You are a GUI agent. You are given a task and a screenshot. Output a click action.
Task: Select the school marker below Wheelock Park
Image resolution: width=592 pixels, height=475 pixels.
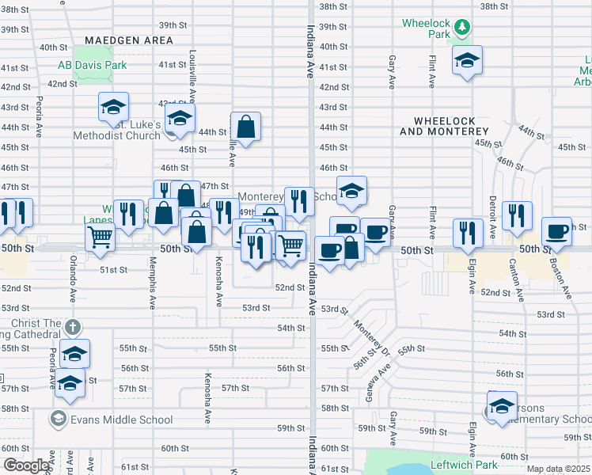coord(467,60)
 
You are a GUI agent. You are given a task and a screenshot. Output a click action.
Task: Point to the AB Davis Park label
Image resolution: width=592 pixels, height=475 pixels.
coord(93,66)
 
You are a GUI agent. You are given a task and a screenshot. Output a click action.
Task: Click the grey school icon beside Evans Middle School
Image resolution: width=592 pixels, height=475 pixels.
coord(59,418)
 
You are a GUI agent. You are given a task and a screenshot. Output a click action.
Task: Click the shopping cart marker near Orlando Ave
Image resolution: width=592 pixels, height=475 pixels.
coord(100,236)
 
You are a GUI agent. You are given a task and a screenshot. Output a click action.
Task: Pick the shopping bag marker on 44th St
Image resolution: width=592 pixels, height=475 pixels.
coord(246,127)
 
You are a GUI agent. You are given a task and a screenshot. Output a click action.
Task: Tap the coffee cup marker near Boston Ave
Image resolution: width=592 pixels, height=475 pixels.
coord(556,230)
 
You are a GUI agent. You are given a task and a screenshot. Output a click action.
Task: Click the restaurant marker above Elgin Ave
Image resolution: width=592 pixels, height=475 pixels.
coord(468,233)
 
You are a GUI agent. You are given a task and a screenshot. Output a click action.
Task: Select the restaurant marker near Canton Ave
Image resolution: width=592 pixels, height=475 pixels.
coord(517,215)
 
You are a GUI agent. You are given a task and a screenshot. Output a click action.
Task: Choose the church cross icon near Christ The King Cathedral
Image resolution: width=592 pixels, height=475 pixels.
coord(72,328)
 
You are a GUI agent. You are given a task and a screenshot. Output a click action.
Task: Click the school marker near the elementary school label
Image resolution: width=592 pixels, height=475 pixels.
coord(502,407)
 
